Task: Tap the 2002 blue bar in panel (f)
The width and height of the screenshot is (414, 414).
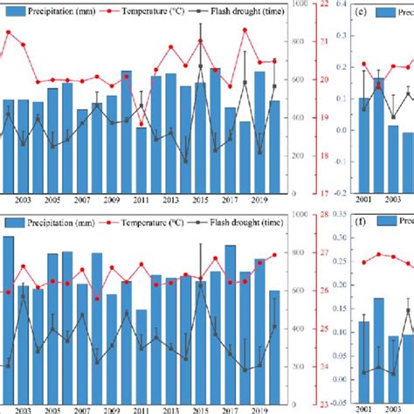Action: point(378,349)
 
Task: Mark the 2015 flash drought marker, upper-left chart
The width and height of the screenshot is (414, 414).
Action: point(200,66)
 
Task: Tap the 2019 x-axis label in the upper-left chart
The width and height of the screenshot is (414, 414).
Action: point(259,201)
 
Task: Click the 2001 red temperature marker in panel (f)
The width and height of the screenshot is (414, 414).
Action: point(364,262)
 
